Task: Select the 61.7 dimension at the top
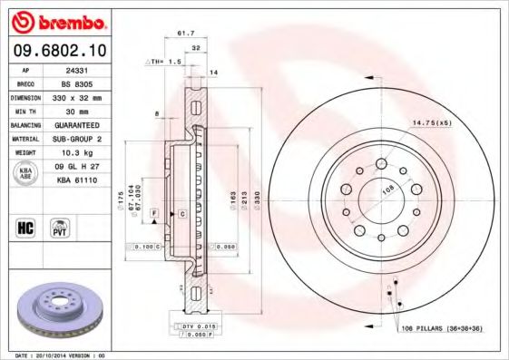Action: (185, 34)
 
